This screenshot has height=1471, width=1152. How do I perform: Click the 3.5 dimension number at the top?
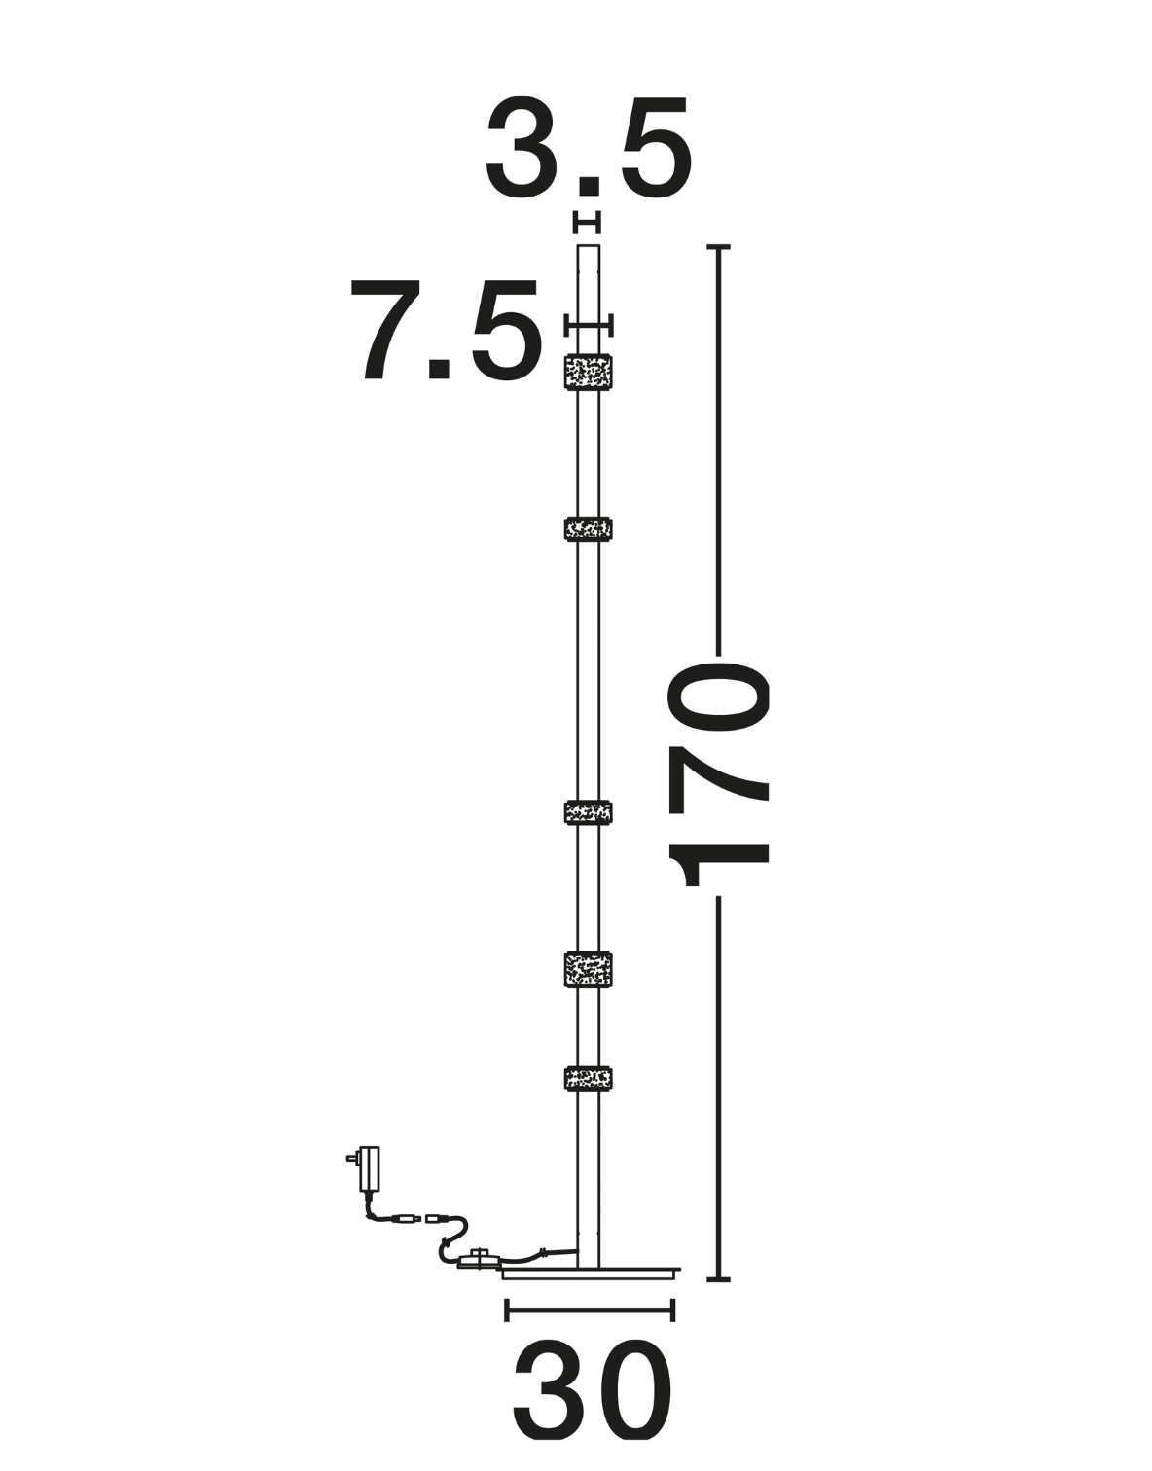pos(589,148)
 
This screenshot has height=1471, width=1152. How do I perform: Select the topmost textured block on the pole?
pos(589,373)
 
